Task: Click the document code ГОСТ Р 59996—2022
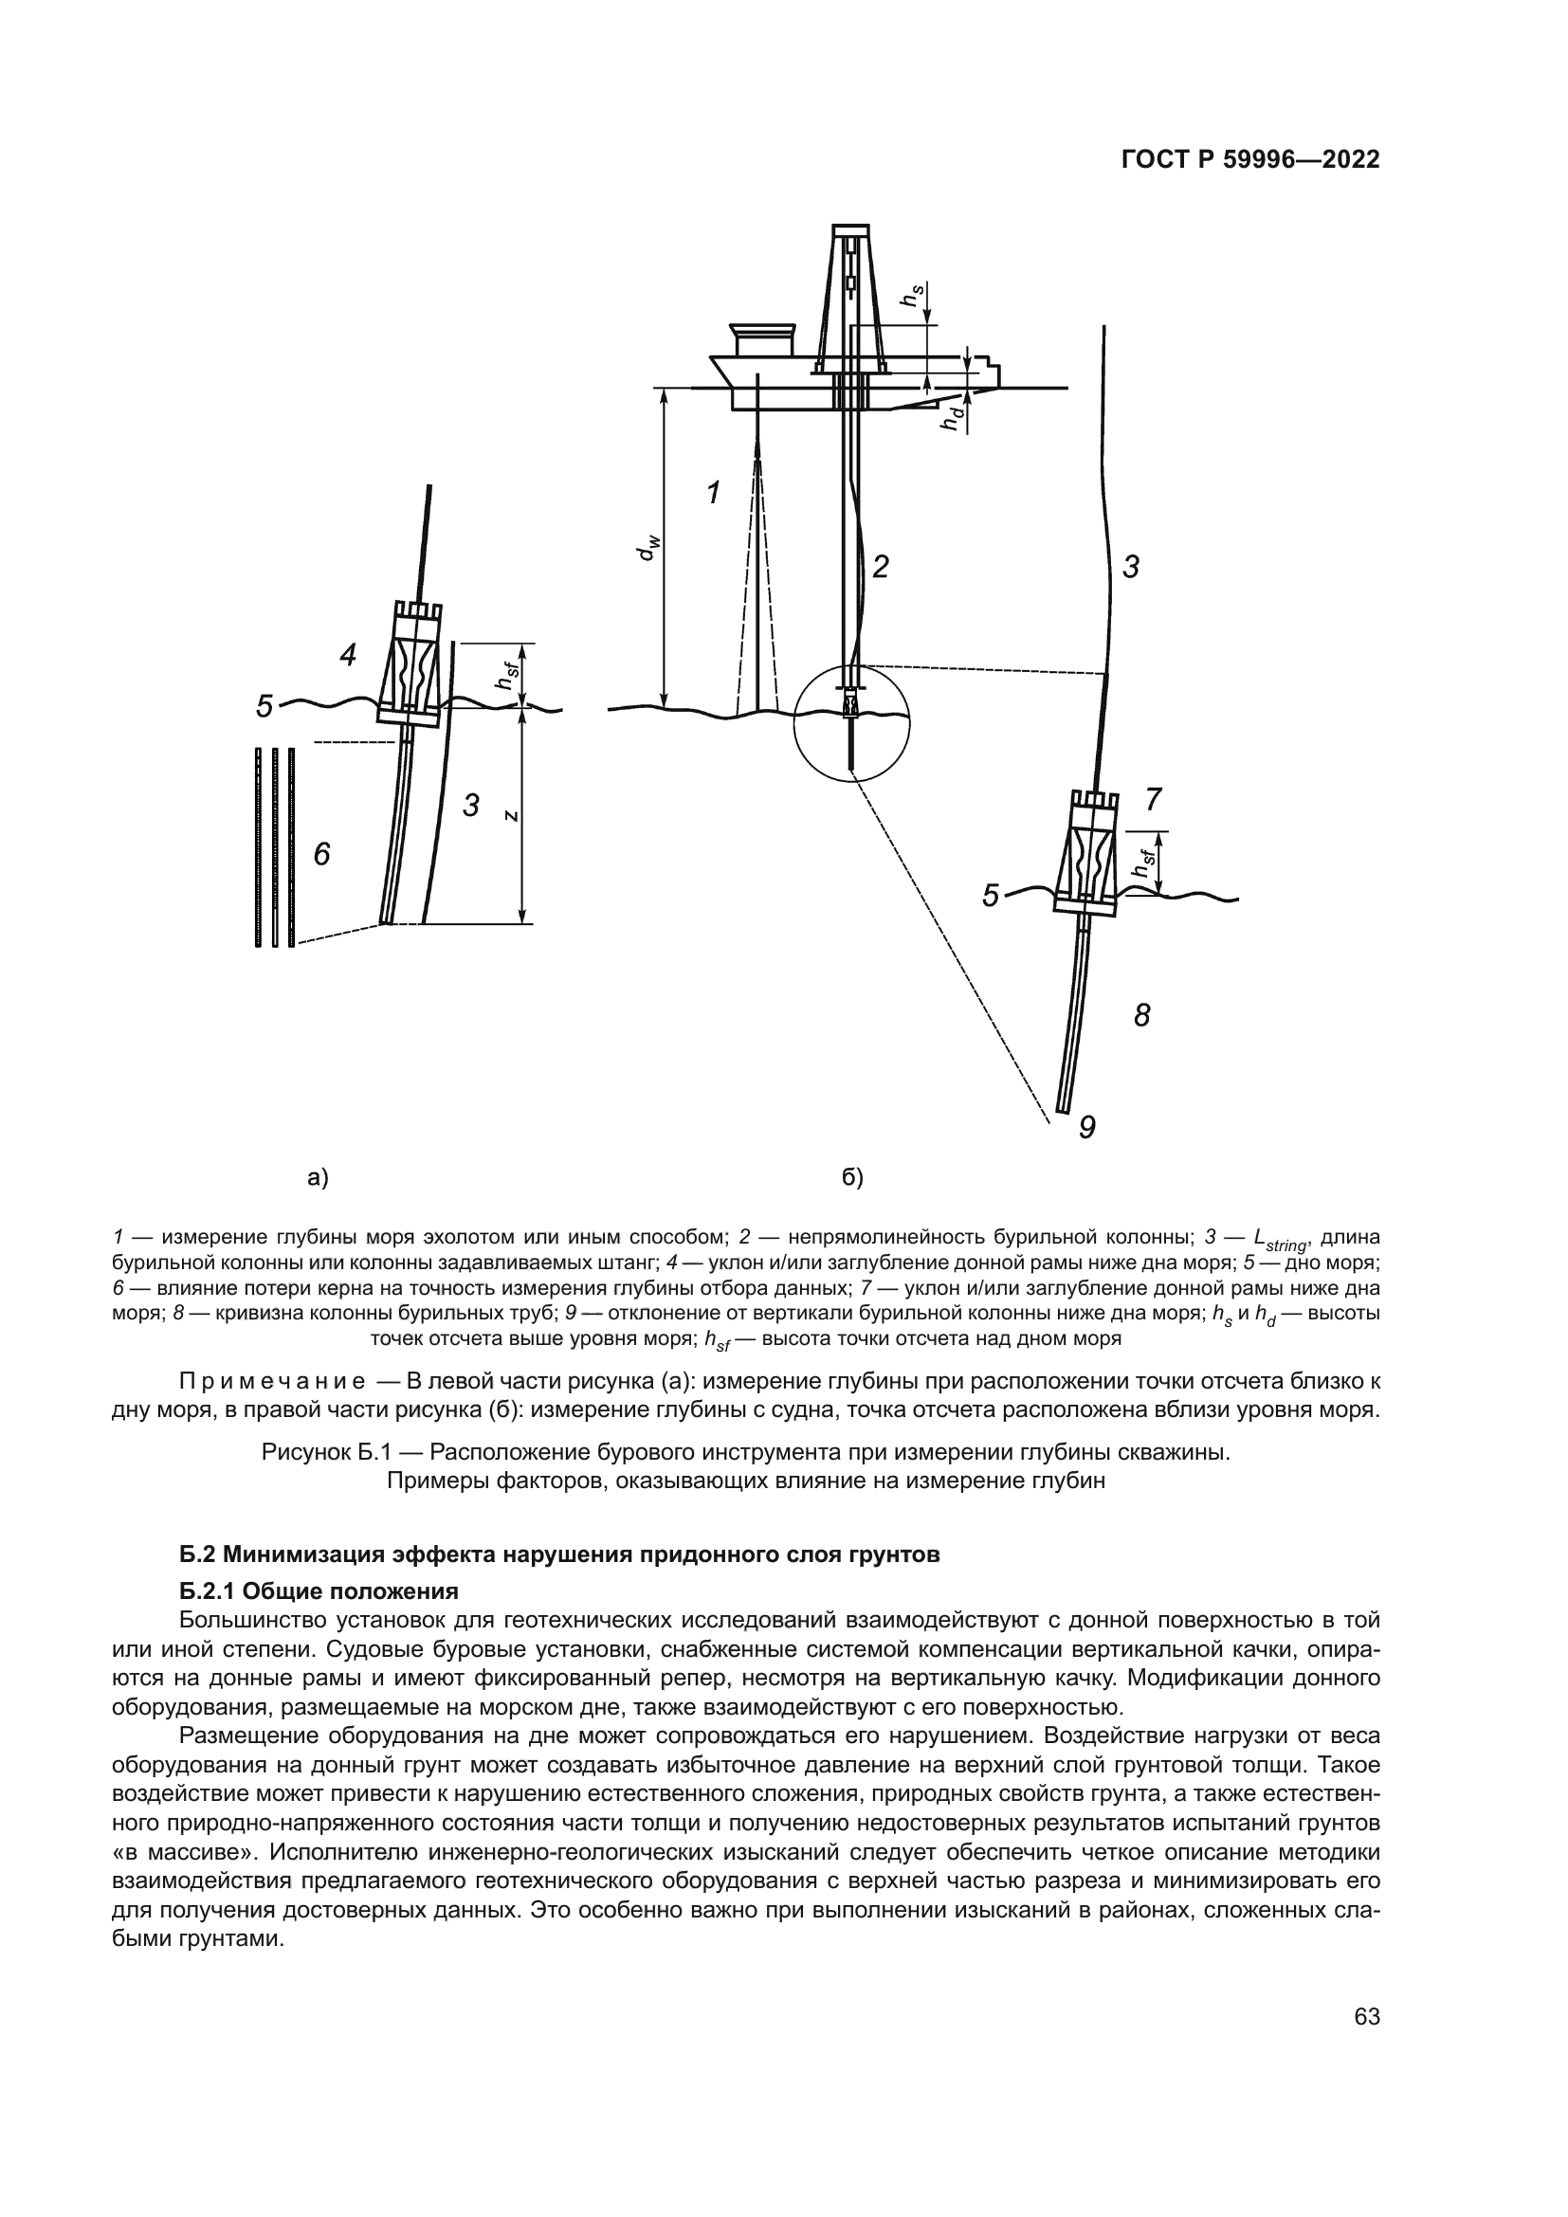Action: (x=1250, y=160)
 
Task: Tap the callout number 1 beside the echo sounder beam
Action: (x=713, y=494)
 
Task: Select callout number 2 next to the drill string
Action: (x=880, y=567)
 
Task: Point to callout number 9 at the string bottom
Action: (x=1087, y=1127)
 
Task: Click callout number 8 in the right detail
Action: (x=1142, y=1015)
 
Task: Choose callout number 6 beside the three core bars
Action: (x=321, y=854)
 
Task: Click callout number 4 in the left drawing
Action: (x=348, y=656)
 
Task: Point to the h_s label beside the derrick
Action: (x=911, y=296)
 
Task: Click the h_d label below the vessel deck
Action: (x=954, y=417)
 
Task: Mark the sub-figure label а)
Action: (x=318, y=1177)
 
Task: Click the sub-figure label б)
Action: (x=852, y=1177)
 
